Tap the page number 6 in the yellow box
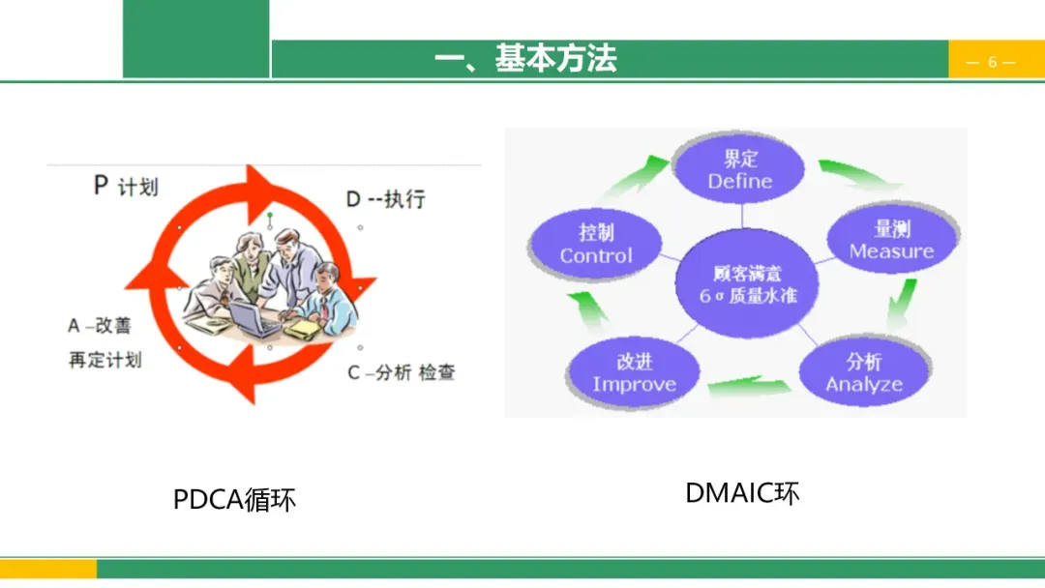point(992,62)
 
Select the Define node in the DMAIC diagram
point(740,169)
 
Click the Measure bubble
point(891,240)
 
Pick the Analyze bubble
point(864,372)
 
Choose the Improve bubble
point(634,372)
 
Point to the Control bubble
point(596,244)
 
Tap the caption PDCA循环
point(234,499)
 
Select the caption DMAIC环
point(742,492)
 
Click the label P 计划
point(126,186)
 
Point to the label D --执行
point(385,199)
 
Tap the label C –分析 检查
point(401,372)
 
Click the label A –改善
point(99,326)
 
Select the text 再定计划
point(104,360)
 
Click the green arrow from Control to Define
point(639,177)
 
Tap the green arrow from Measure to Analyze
point(903,305)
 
